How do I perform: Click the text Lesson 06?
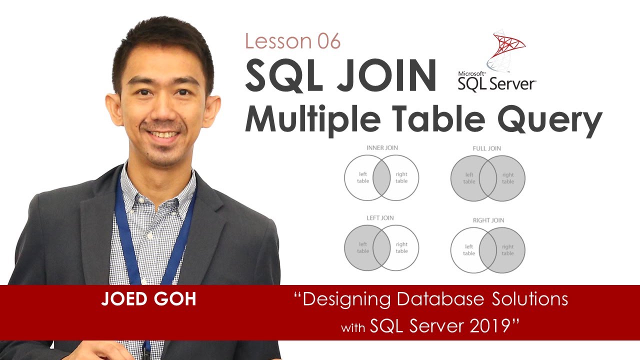click(292, 42)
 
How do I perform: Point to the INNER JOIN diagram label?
click(382, 148)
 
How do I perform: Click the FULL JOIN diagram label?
click(486, 148)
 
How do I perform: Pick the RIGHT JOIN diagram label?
click(488, 220)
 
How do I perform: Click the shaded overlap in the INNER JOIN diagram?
click(382, 177)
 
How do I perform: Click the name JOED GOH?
click(148, 299)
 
